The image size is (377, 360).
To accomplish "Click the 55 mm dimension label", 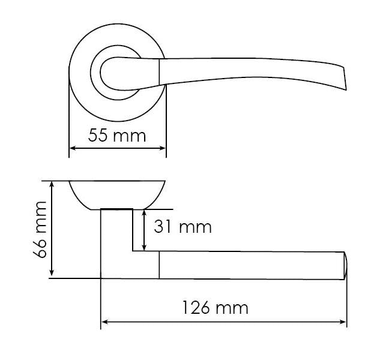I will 117,135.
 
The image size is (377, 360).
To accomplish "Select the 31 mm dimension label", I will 182,227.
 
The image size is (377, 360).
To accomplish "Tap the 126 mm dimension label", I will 214,308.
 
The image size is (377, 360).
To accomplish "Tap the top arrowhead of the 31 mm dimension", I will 144,212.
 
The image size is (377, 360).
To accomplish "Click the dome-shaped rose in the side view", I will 116,194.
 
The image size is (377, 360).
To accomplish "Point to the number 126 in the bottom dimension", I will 196,308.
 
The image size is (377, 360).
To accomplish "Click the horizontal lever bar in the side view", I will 252,265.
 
